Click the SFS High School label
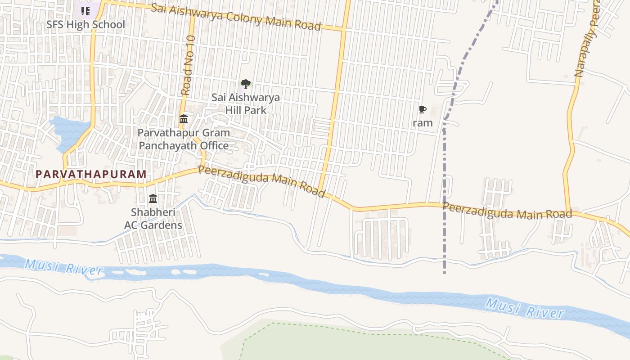(x=85, y=24)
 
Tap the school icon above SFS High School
(x=85, y=11)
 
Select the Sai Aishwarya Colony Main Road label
(x=236, y=17)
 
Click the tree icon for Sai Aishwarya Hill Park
(x=245, y=84)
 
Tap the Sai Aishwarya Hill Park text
(x=246, y=103)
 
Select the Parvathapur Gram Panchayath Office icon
(x=184, y=119)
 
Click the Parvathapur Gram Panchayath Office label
(x=184, y=139)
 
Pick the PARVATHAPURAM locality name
(x=91, y=174)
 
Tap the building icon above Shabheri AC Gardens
(x=153, y=198)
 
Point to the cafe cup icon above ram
(x=422, y=110)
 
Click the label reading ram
(x=423, y=123)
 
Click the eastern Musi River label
(x=525, y=309)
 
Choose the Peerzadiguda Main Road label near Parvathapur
(x=261, y=181)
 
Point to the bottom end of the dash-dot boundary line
(x=445, y=273)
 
